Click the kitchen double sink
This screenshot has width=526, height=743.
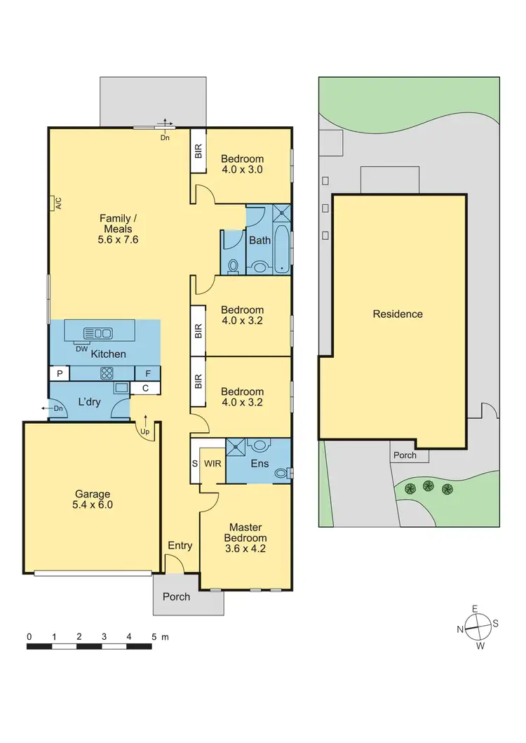pyautogui.click(x=97, y=333)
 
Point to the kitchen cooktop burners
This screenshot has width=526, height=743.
pyautogui.click(x=107, y=373)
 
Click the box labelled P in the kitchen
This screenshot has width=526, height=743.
pyautogui.click(x=59, y=373)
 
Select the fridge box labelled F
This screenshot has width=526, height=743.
pyautogui.click(x=148, y=373)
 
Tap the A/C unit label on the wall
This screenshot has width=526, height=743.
pyautogui.click(x=58, y=203)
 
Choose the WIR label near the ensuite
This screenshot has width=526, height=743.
pyautogui.click(x=211, y=464)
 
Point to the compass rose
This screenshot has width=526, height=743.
pyautogui.click(x=477, y=627)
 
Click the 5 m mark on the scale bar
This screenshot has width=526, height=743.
pyautogui.click(x=154, y=637)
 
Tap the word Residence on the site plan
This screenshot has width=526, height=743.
pyautogui.click(x=398, y=314)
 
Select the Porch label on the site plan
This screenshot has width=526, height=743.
pyautogui.click(x=405, y=455)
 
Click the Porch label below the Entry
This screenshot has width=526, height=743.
pyautogui.click(x=176, y=596)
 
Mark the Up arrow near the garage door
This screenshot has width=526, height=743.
pyautogui.click(x=146, y=427)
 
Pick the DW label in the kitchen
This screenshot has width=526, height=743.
pyautogui.click(x=82, y=348)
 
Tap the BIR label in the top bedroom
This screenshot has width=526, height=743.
pyautogui.click(x=198, y=150)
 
